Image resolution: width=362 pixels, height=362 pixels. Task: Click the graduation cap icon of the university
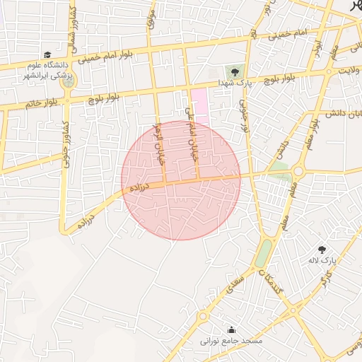tap(47, 54)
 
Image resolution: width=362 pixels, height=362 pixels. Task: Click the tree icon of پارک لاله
tap(322, 250)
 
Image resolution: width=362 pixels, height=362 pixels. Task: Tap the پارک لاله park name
tap(319, 261)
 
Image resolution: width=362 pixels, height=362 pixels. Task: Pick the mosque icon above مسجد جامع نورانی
tap(232, 329)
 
